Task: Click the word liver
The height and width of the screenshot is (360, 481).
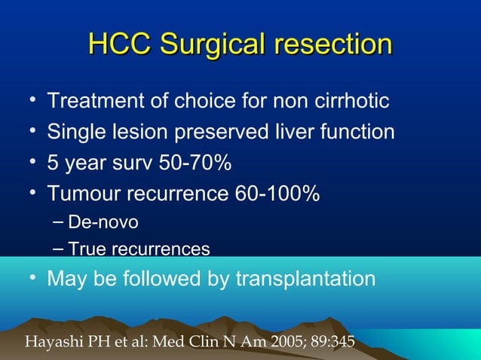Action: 283,133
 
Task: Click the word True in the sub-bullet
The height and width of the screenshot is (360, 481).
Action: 84,249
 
